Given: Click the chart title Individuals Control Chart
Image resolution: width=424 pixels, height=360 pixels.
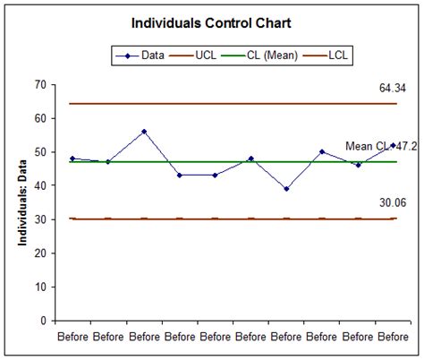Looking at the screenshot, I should (x=212, y=21).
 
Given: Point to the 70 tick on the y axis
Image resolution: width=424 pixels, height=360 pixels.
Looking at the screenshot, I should (x=40, y=84).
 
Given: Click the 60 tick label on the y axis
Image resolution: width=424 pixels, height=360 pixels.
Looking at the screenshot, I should (x=40, y=118).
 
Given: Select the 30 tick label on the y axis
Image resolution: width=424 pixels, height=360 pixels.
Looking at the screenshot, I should (x=40, y=219).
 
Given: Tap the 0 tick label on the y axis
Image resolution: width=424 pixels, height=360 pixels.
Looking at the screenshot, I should (x=43, y=320).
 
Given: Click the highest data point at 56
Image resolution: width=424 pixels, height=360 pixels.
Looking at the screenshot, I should (x=144, y=132).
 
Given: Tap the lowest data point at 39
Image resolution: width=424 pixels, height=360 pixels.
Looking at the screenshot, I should (x=286, y=189).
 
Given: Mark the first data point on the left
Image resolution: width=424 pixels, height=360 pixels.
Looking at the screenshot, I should (x=72, y=159).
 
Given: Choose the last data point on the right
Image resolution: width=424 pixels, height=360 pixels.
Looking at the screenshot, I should (x=393, y=145).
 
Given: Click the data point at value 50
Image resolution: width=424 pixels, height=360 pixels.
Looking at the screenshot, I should (x=322, y=152).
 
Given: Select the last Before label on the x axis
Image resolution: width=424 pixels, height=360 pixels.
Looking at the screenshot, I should (x=393, y=337).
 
